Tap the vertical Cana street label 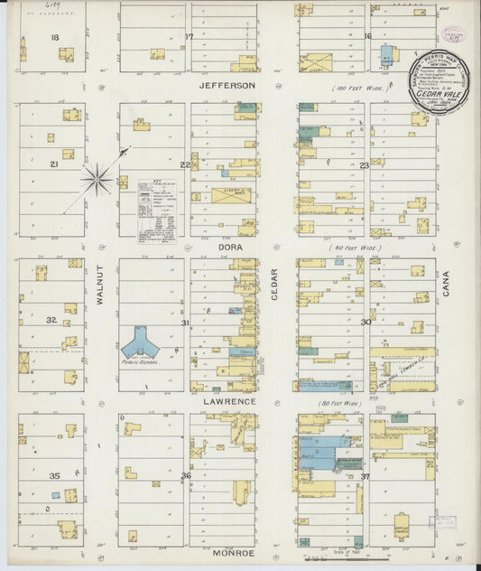[446, 287]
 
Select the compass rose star [97, 179]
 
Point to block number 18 [56, 37]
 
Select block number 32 [52, 321]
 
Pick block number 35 [54, 475]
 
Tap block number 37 [365, 476]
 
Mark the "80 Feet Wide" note [339, 403]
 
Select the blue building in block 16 [388, 53]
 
